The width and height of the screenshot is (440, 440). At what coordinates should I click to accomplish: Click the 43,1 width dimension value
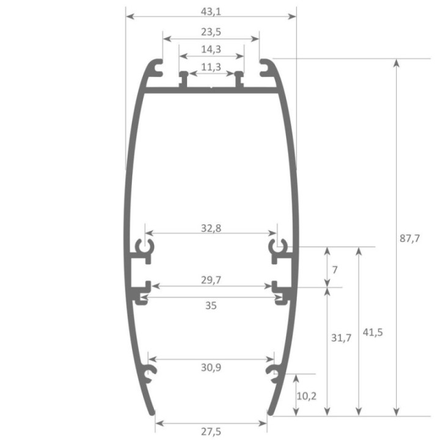click(211, 11)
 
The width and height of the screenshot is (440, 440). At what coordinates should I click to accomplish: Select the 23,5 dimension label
click(211, 34)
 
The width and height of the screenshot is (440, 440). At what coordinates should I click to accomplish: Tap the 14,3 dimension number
click(211, 50)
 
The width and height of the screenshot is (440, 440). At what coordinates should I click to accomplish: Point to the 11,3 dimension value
click(211, 66)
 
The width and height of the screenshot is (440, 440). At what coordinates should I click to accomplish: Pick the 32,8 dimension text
click(211, 229)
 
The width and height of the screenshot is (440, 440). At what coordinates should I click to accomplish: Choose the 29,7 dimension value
click(211, 280)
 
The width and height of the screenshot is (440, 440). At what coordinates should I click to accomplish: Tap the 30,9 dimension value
click(211, 367)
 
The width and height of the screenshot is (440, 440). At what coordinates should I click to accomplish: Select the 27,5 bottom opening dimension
click(211, 431)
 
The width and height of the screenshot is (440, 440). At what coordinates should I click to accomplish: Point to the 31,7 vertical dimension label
click(340, 338)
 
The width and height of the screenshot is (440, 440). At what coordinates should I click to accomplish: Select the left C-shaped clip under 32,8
click(145, 248)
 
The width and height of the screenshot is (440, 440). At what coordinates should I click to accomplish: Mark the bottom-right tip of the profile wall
click(268, 412)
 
